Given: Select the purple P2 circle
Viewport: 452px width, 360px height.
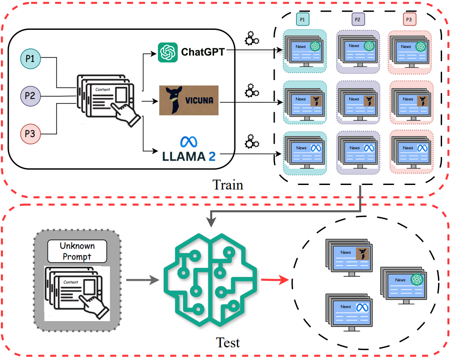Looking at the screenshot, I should pos(31,96).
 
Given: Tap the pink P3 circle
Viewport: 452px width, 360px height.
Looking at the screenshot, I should pos(31,134).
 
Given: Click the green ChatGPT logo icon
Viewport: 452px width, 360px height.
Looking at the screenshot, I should pos(167,52).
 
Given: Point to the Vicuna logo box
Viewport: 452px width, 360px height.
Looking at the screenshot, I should pos(188,99).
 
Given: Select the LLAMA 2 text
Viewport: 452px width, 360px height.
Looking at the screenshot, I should pos(189,156).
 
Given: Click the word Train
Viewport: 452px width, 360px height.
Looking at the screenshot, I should pos(228,185).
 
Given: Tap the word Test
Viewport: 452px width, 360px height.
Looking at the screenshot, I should pos(228,343).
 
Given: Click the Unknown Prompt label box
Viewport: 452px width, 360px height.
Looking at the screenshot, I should pos(77,251).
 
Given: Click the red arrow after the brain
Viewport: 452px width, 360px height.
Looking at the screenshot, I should pos(276,280).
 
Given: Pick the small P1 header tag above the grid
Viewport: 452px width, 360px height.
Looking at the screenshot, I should pos(303,19).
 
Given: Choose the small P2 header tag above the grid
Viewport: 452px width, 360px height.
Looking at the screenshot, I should pos(357,19).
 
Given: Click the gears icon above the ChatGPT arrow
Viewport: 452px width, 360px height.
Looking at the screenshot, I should pos(252,38).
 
